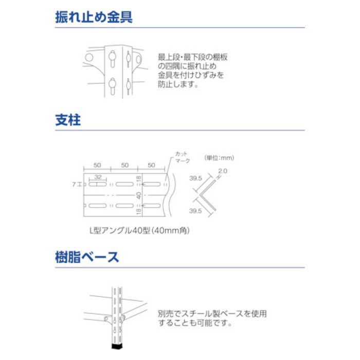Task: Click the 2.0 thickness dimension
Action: pyautogui.click(x=222, y=171)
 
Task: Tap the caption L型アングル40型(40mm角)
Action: pyautogui.click(x=132, y=231)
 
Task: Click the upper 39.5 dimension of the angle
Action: pyautogui.click(x=194, y=178)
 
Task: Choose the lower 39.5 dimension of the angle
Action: pyautogui.click(x=194, y=211)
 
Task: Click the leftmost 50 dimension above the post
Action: pyautogui.click(x=97, y=165)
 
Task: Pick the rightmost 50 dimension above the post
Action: pyautogui.click(x=151, y=165)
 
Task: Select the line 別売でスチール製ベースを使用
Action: pyautogui.click(x=212, y=313)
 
